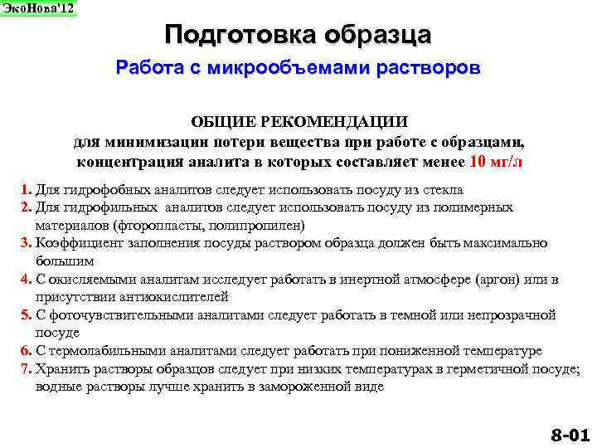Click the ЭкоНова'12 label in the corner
[37, 8]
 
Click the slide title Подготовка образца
[298, 35]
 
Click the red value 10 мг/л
[496, 161]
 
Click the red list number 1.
[27, 189]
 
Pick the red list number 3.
[27, 242]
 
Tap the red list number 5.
[27, 314]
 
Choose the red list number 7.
[27, 369]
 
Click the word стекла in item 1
[444, 189]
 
